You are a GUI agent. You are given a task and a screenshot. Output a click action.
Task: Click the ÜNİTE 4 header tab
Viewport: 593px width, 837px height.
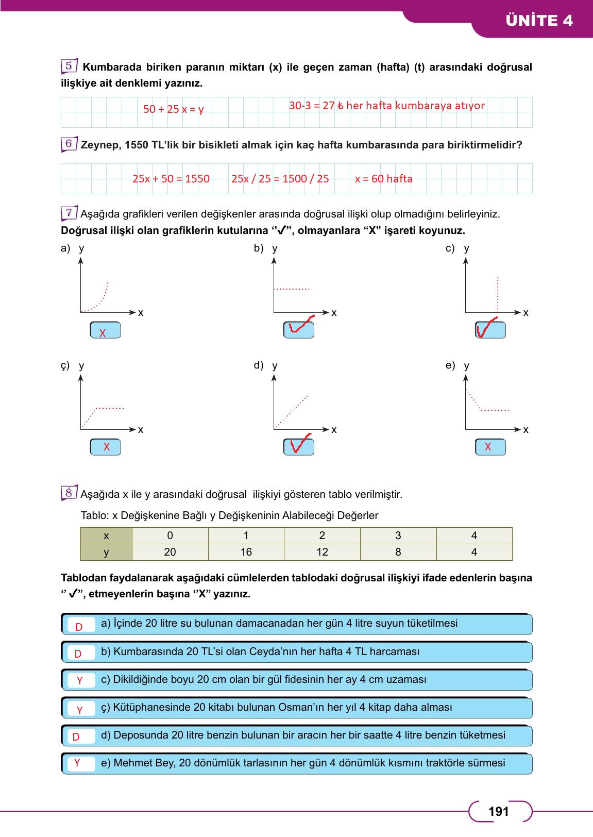(x=539, y=21)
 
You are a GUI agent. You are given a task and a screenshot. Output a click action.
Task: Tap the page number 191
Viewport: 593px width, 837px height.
(x=498, y=812)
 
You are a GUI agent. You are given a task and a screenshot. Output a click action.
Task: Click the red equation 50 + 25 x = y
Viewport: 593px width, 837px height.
(x=173, y=109)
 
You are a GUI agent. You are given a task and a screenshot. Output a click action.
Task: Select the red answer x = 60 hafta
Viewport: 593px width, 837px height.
(x=383, y=179)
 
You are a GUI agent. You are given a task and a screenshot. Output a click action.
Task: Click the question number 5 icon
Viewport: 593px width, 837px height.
(x=69, y=66)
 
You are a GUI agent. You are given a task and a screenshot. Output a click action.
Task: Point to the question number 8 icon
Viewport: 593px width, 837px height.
(x=69, y=493)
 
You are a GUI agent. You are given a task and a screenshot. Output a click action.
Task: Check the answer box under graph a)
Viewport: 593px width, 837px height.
(x=105, y=330)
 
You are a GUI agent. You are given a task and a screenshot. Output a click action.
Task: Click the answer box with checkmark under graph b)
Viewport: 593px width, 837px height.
(x=299, y=330)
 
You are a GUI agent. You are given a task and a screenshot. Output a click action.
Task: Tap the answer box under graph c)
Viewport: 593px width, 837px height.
(x=490, y=330)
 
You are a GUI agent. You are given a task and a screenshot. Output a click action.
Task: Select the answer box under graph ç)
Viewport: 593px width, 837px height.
(x=105, y=447)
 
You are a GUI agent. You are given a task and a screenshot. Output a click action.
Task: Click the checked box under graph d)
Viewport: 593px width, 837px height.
(x=299, y=447)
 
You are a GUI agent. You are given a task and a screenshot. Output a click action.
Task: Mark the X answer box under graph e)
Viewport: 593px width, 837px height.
(x=490, y=447)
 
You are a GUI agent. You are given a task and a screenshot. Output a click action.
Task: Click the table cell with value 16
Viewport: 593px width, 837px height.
(x=246, y=552)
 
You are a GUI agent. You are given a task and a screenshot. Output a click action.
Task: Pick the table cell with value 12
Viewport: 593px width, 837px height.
(x=322, y=552)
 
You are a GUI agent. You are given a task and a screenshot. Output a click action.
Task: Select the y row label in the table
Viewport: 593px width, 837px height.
(x=106, y=552)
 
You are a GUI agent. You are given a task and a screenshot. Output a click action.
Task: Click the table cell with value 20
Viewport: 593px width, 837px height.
(x=170, y=552)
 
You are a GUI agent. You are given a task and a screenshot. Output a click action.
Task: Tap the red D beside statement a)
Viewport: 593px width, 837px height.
(x=79, y=627)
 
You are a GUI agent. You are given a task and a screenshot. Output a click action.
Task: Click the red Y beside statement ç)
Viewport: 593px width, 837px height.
(x=79, y=710)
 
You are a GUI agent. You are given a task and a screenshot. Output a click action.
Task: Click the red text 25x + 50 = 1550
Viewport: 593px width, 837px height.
(x=171, y=179)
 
